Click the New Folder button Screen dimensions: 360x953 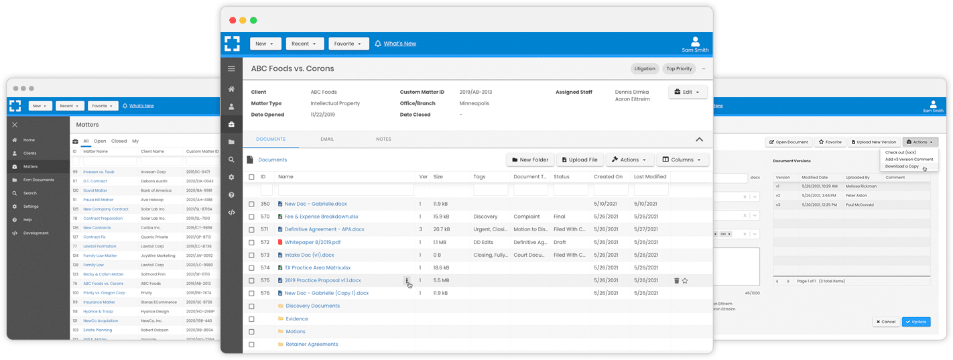pyautogui.click(x=529, y=160)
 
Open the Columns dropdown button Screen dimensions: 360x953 pyautogui.click(x=682, y=160)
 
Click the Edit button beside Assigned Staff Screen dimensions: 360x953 pyautogui.click(x=688, y=92)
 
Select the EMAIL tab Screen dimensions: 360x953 pyautogui.click(x=327, y=139)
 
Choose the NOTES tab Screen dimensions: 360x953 pyautogui.click(x=383, y=139)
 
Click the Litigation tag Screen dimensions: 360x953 pyautogui.click(x=645, y=68)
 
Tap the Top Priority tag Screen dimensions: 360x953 pyautogui.click(x=679, y=68)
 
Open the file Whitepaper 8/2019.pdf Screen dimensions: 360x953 pyautogui.click(x=312, y=242)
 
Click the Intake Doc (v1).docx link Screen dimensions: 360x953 pyautogui.click(x=309, y=255)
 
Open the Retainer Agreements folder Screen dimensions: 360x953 pyautogui.click(x=312, y=345)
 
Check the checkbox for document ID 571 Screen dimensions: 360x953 pyautogui.click(x=251, y=229)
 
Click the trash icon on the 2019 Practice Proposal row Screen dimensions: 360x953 pyautogui.click(x=676, y=281)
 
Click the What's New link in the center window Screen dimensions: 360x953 pyautogui.click(x=399, y=44)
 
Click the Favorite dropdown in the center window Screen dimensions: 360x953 pyautogui.click(x=348, y=44)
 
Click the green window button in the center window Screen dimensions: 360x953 pyautogui.click(x=253, y=20)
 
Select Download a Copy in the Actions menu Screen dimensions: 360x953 pyautogui.click(x=901, y=166)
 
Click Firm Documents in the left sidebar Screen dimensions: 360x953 pyautogui.click(x=38, y=180)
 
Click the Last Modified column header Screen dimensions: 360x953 pyautogui.click(x=650, y=177)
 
